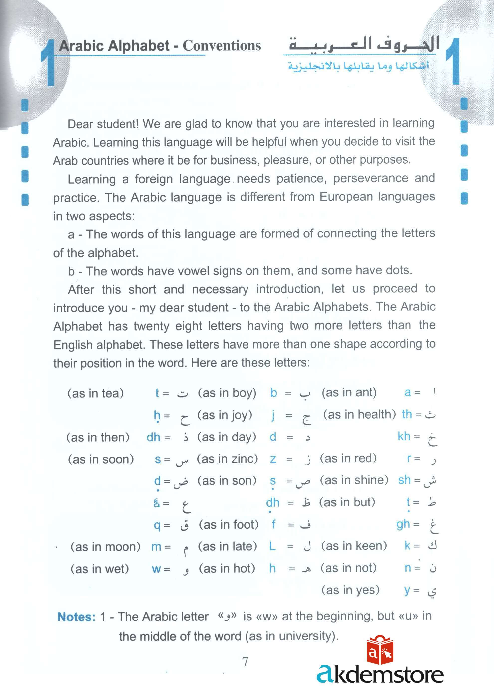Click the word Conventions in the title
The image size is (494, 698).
click(222, 46)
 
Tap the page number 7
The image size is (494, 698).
click(245, 662)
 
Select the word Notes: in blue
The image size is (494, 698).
click(76, 617)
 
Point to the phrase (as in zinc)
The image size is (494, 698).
click(227, 459)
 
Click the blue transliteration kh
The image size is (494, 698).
click(404, 436)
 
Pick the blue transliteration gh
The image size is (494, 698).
click(403, 524)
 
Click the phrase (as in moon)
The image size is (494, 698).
click(105, 547)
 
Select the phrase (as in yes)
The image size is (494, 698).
click(350, 590)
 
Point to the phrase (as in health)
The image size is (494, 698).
click(359, 414)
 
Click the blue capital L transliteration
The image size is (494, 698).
click(272, 546)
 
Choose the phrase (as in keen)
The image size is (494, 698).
click(354, 546)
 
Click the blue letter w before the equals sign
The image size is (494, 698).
click(156, 569)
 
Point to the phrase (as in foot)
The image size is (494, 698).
click(229, 524)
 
